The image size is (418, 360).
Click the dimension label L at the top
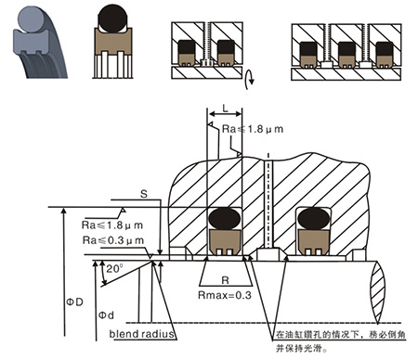[x=226, y=108]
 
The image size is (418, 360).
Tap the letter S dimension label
[x=144, y=194]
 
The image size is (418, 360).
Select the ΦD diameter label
[x=74, y=302]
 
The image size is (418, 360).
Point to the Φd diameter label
[x=106, y=315]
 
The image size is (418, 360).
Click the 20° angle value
[x=114, y=268]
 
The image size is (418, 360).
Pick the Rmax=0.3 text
[x=225, y=295]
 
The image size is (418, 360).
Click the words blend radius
[x=141, y=334]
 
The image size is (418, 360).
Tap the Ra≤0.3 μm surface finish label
[x=113, y=240]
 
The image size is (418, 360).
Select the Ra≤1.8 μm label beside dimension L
[x=253, y=129]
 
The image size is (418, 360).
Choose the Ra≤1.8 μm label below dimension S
[x=112, y=225]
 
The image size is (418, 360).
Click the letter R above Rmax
[x=226, y=280]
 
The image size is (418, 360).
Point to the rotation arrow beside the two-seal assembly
[x=250, y=79]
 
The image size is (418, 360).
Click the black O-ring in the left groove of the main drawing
[x=225, y=218]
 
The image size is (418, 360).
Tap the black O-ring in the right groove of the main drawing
[x=314, y=218]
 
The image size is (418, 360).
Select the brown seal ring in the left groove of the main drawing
[x=225, y=242]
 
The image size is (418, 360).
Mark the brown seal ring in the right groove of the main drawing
[x=313, y=242]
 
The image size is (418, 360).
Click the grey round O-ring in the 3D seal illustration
[x=32, y=19]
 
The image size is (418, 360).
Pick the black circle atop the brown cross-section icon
[x=112, y=19]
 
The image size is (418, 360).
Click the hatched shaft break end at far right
[x=378, y=292]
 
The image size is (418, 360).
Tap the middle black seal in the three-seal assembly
[x=346, y=49]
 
